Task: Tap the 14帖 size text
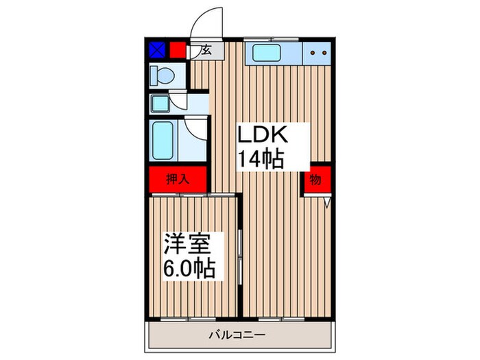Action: [x=261, y=160]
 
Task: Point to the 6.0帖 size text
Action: [x=189, y=267]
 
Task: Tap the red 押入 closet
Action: [x=177, y=180]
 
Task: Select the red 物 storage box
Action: [x=315, y=180]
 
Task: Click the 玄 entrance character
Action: [x=205, y=50]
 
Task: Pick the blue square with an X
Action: [x=157, y=50]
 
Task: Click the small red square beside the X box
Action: [x=178, y=50]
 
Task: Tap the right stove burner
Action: [x=321, y=52]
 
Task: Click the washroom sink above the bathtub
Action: [x=162, y=104]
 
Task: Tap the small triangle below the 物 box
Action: [x=327, y=202]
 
